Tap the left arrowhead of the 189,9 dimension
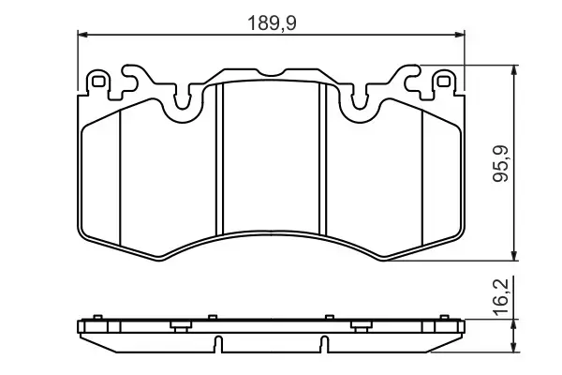click(81, 36)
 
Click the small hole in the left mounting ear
click(96, 81)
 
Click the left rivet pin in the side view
click(177, 324)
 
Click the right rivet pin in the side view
click(361, 324)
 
